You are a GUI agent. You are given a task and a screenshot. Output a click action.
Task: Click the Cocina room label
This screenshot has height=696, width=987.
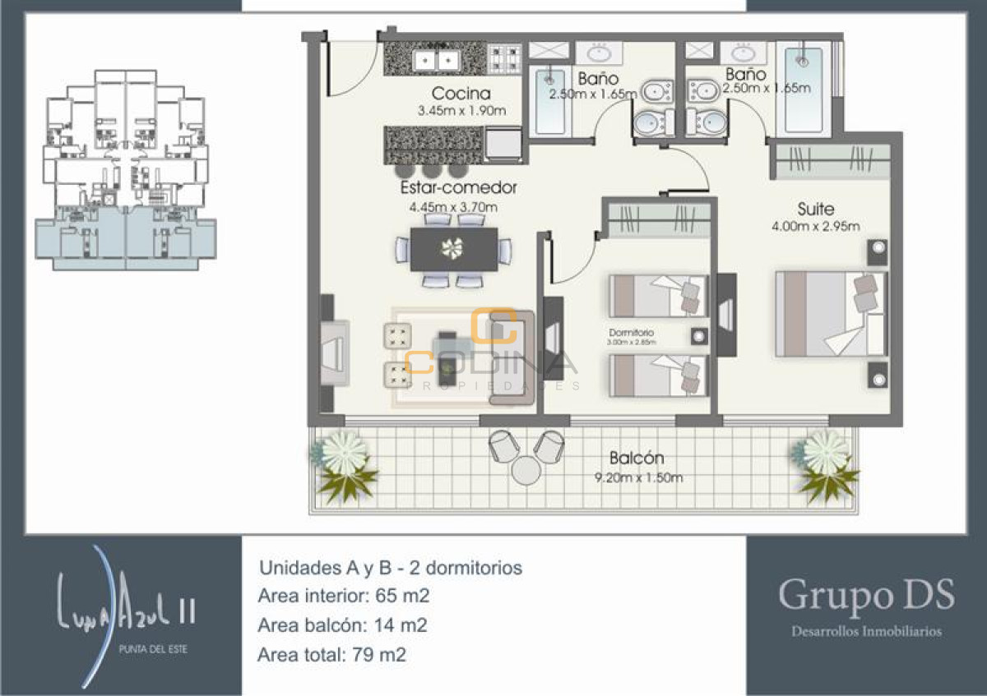point(461,94)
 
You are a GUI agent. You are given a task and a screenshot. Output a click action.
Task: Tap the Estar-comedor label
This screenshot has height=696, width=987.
point(458,188)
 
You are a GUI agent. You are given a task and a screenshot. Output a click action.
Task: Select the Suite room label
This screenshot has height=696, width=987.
point(816,209)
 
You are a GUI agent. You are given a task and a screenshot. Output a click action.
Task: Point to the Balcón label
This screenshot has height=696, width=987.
point(637,458)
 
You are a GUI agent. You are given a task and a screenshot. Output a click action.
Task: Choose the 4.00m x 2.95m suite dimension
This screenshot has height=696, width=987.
point(816,227)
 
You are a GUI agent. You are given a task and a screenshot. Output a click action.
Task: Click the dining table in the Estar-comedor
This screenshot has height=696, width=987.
point(453,249)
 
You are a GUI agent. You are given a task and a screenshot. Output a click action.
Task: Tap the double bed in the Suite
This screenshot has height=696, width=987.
point(831,314)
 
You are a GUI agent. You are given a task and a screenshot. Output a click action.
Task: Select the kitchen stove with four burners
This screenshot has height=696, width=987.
point(504,59)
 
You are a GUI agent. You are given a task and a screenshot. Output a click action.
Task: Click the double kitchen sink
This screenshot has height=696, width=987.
point(436,60)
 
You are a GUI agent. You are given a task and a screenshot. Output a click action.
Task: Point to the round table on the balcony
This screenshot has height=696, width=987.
point(525,471)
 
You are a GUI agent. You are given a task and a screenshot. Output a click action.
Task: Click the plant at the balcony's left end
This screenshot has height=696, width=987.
point(343,463)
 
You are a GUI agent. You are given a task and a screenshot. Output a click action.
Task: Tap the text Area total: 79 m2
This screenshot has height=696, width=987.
point(332,655)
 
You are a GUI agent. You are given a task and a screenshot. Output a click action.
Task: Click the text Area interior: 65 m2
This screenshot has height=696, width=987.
point(344,596)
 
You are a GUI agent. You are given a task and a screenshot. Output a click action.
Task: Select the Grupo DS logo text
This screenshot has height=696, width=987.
point(866,594)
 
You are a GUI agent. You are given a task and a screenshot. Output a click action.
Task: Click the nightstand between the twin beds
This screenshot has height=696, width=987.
point(699,336)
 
